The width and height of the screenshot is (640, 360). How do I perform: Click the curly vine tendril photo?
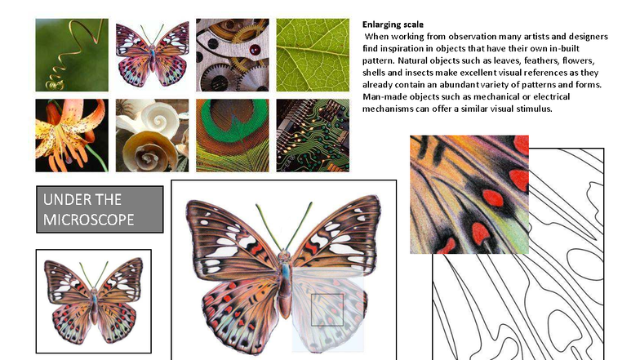coord(72,55)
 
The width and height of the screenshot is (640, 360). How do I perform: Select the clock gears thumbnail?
coord(233,55)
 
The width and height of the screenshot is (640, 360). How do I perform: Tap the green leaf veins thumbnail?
coord(313,55)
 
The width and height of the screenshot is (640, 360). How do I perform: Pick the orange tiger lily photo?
coord(72,135)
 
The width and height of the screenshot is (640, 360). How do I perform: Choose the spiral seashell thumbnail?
coord(152,135)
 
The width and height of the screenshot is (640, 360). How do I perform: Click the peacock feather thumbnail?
coord(233,135)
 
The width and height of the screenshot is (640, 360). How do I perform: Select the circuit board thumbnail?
coord(313,135)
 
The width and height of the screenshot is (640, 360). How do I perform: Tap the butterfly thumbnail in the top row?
coord(152,55)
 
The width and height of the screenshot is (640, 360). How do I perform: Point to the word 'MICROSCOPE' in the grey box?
coord(90,220)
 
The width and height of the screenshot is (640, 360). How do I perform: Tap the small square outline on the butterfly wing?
coord(327,310)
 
